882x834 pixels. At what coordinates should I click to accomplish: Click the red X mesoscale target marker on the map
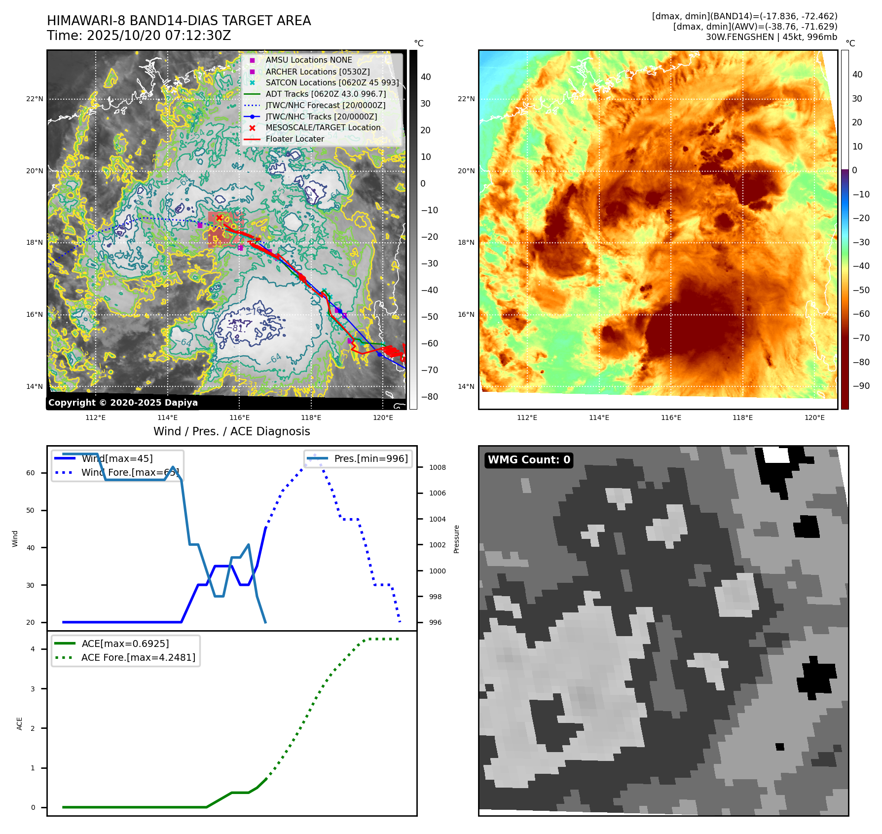click(x=219, y=218)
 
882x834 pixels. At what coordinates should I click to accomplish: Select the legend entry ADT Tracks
click(x=326, y=94)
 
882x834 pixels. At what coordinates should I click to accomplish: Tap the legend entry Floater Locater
click(x=294, y=139)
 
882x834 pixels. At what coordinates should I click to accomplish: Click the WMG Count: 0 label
click(x=529, y=460)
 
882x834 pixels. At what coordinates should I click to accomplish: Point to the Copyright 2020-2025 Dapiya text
click(x=123, y=403)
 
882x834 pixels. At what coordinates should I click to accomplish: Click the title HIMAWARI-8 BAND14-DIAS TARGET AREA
click(x=179, y=21)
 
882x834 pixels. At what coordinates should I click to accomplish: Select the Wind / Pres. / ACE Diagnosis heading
click(x=231, y=431)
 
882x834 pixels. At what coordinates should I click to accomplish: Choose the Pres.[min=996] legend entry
click(x=370, y=458)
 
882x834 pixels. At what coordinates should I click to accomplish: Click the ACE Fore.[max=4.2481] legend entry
click(x=138, y=657)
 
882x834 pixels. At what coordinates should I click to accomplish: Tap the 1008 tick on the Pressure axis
click(x=437, y=467)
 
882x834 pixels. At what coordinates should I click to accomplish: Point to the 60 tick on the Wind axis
click(x=31, y=473)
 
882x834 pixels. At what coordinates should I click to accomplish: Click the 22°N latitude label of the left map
click(x=35, y=99)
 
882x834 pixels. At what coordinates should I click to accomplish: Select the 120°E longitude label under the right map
click(x=814, y=417)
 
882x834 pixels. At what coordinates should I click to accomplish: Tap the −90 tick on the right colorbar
click(x=861, y=386)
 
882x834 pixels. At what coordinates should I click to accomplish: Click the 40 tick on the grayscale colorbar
click(x=426, y=77)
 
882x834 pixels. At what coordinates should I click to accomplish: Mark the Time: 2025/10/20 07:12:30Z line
click(x=139, y=36)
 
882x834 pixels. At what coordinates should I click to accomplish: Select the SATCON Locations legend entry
click(x=332, y=82)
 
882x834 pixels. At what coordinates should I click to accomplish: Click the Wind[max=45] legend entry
click(x=117, y=458)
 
